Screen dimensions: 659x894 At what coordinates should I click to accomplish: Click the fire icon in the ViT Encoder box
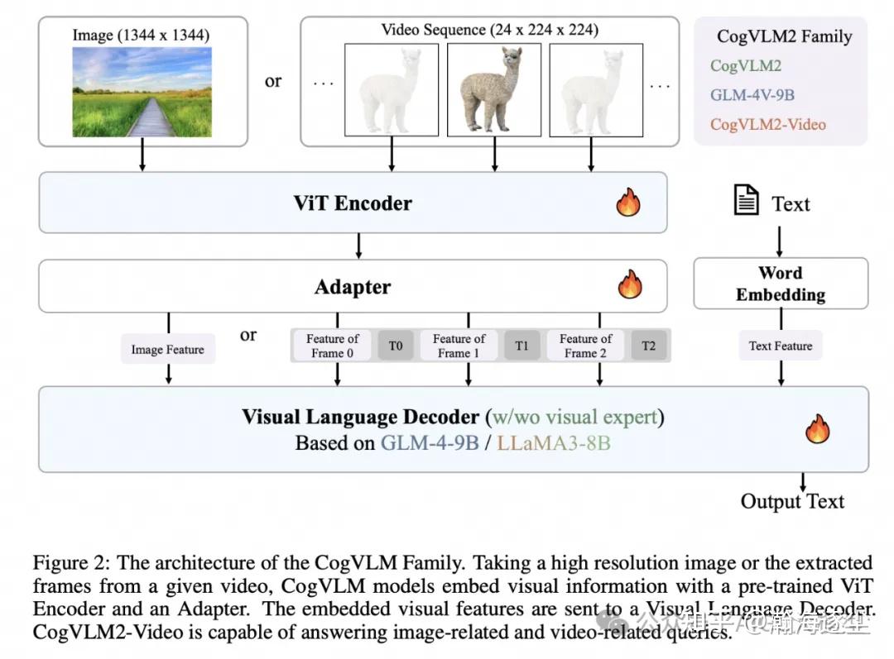628,203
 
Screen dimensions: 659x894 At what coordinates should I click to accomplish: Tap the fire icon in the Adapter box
630,285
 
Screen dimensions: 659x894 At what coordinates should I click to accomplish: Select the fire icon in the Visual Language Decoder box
818,428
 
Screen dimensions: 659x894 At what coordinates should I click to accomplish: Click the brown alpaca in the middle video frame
493,89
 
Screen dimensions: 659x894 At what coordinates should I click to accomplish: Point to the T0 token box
396,346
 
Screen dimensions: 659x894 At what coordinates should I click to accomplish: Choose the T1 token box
521,346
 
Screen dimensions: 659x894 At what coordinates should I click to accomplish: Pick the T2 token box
648,346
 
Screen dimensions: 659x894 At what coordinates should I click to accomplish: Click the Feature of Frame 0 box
332,346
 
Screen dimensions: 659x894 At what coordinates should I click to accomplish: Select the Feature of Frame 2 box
585,346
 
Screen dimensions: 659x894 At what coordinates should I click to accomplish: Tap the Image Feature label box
167,350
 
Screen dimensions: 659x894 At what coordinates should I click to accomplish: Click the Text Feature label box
781,346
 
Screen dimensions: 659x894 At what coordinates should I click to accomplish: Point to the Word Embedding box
781,284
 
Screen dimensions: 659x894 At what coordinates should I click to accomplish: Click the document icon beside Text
747,202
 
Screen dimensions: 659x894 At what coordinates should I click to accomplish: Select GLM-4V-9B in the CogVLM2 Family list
752,95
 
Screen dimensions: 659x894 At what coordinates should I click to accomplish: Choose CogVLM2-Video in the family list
767,125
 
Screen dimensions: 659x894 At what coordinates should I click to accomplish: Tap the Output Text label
792,502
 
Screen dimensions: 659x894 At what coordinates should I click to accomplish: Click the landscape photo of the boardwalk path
142,91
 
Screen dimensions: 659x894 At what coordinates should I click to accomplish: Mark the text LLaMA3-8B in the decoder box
555,443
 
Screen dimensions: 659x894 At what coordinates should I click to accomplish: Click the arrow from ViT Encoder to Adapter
358,246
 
